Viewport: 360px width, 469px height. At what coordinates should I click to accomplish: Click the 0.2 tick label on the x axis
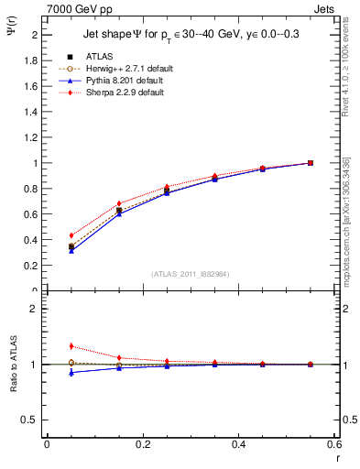pyautogui.click(x=143, y=443)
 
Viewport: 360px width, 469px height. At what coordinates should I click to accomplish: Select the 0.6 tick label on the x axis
pyautogui.click(x=333, y=443)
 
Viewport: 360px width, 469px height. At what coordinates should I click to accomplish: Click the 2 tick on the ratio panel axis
pyautogui.click(x=38, y=310)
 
